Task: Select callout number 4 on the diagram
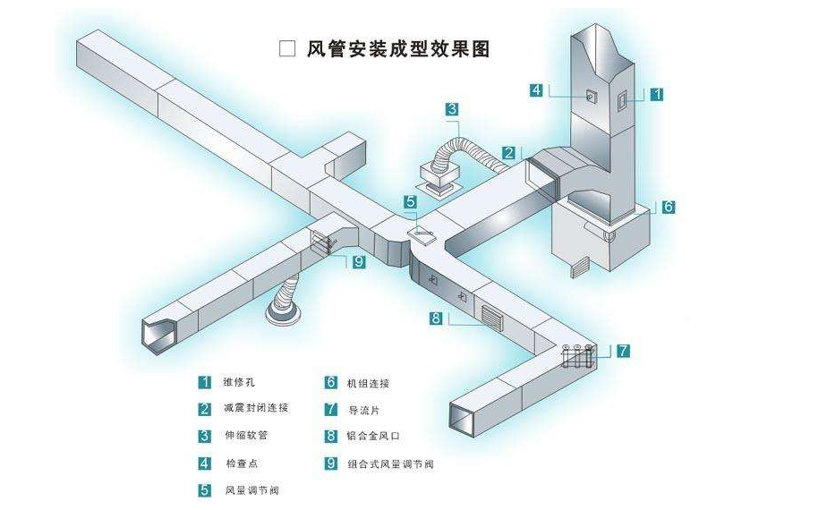click(x=536, y=89)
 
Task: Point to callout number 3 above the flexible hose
click(x=453, y=110)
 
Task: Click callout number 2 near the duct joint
click(x=507, y=153)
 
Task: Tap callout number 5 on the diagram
click(x=410, y=201)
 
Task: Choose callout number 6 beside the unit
click(x=668, y=207)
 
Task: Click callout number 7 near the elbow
click(x=623, y=351)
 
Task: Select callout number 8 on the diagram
click(x=436, y=318)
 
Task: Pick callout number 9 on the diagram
click(x=358, y=262)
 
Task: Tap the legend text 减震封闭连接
click(x=256, y=409)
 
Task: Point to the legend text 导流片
click(x=362, y=410)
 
